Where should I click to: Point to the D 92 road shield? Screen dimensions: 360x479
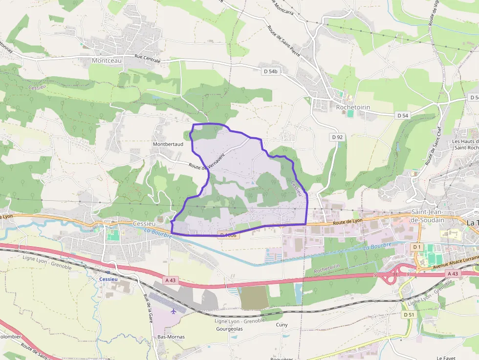click(337, 137)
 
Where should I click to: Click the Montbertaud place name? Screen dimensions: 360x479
click(168, 145)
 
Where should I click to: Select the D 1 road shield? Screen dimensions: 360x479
click(416, 247)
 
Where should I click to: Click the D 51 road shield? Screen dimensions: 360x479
click(409, 315)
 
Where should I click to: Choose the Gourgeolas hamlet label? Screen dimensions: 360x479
click(229, 329)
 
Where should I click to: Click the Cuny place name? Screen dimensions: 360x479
click(282, 324)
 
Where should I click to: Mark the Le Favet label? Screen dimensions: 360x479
click(446, 358)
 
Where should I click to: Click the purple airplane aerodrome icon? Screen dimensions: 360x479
click(173, 311)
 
